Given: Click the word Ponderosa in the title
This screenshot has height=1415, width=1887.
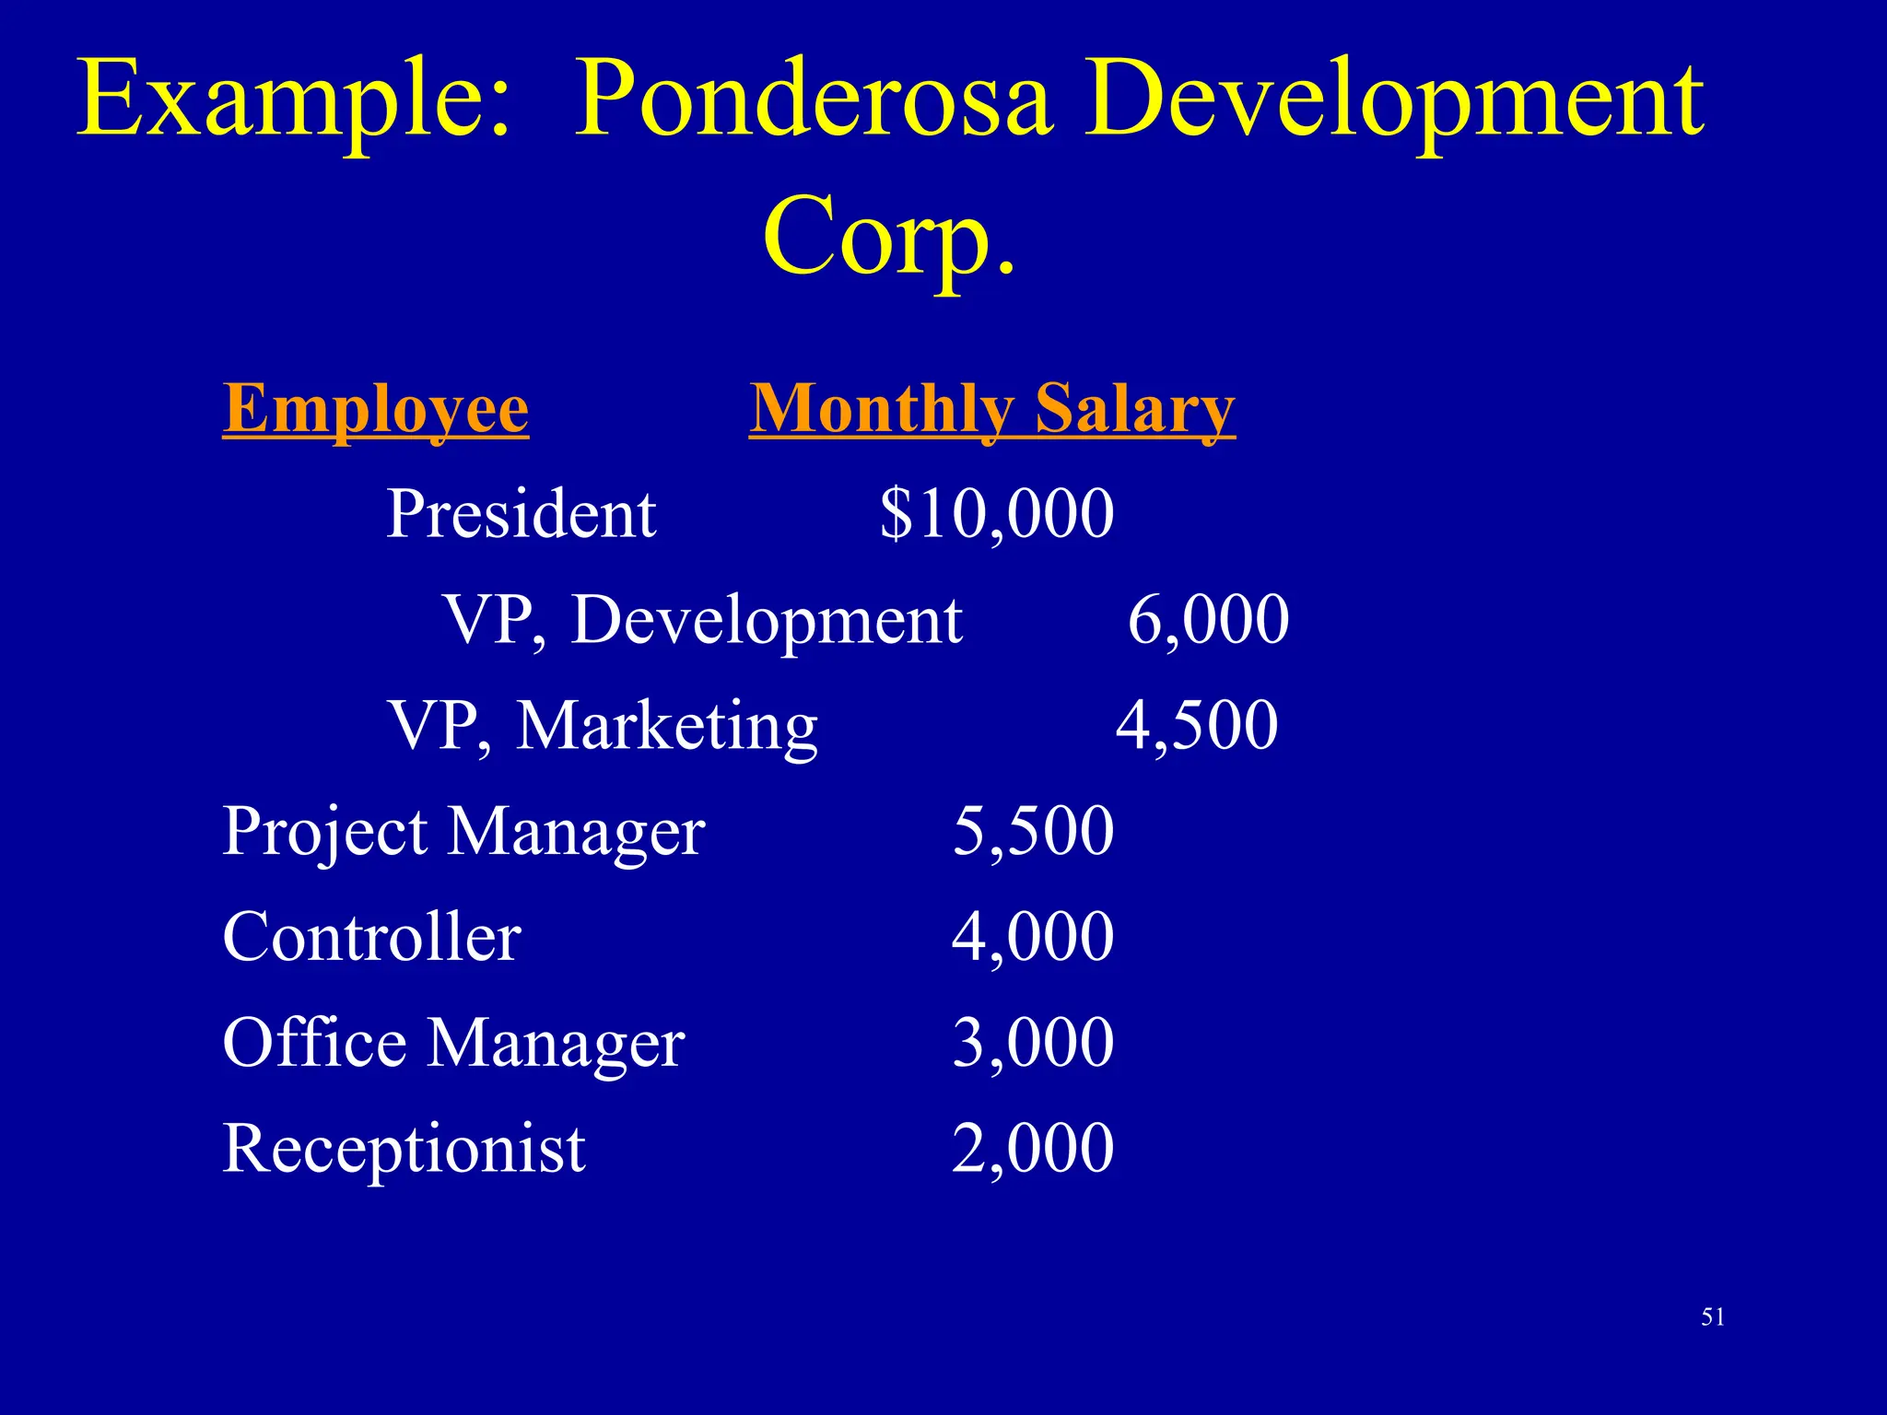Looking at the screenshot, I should pos(813,99).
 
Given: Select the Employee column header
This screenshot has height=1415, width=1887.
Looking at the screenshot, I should pos(376,408).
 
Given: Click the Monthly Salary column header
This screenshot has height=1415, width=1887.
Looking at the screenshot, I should pos(991,408).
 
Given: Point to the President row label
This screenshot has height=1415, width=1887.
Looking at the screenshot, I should pos(521,513).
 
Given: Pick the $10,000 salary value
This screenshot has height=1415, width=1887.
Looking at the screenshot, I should pos(997,513).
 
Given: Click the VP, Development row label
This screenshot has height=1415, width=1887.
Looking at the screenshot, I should pos(703,619).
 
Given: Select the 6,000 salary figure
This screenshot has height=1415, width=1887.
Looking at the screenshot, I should pos(1208,619).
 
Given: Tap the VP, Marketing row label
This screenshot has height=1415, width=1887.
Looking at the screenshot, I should pos(603,725).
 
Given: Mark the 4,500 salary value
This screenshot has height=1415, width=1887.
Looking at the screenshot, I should pos(1197,725).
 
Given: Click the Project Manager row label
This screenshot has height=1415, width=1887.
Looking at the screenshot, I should pos(463,831).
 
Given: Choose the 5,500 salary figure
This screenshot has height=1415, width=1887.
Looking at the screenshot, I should pos(1033,831).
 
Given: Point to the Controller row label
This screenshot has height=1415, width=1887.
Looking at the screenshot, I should pos(372,937).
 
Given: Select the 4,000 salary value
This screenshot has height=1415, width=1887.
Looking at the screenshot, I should pos(1033,937).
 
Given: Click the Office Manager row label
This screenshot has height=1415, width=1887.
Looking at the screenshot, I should pos(453,1043).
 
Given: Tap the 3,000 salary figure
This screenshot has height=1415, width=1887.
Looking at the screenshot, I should pos(1033,1043).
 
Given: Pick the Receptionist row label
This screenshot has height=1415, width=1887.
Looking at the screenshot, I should pos(404,1149).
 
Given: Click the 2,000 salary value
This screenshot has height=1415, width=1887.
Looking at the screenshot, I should pos(1033,1149).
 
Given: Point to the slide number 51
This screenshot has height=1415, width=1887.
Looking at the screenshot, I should pos(1713,1317).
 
